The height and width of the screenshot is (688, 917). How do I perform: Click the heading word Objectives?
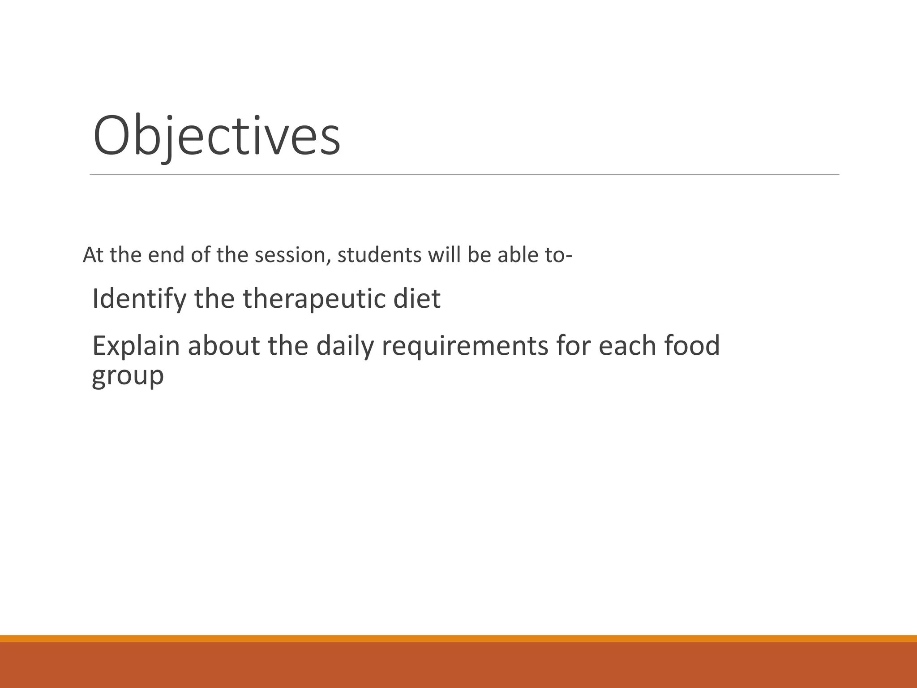[217, 136]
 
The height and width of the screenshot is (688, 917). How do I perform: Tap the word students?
[379, 255]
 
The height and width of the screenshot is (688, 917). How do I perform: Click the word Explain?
[136, 346]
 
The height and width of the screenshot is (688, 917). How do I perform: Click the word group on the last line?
[128, 375]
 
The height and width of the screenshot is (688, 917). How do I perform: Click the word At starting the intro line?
[93, 255]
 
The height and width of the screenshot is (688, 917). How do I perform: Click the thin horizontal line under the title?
[464, 174]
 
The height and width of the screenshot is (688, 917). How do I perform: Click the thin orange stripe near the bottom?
[458, 638]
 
